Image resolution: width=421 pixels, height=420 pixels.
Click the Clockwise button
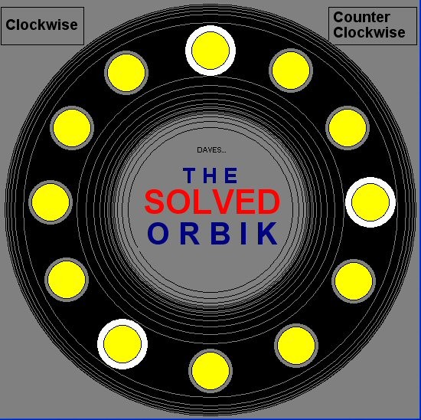(42, 26)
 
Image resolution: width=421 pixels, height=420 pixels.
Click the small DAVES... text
(211, 150)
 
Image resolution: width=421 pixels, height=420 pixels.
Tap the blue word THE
(210, 176)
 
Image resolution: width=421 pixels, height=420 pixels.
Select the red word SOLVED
(212, 202)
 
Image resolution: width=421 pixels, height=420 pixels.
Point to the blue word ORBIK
(212, 233)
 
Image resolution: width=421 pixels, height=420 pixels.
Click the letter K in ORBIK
(267, 233)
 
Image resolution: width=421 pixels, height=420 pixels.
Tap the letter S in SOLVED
(155, 202)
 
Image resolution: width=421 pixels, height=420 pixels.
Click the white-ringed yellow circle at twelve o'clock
(210, 51)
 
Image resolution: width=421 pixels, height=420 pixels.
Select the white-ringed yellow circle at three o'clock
(370, 202)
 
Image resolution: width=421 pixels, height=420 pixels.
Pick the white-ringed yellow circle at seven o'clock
(122, 344)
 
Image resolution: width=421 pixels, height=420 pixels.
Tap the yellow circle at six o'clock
(210, 371)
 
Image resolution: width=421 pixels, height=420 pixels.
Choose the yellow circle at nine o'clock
(51, 202)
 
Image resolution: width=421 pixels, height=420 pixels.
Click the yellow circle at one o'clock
(291, 71)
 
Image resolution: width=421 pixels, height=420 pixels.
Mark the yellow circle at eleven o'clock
(126, 73)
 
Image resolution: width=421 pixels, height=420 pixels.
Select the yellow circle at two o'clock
(348, 128)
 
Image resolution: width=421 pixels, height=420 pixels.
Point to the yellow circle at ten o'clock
(72, 128)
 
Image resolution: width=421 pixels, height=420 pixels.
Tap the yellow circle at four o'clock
(354, 281)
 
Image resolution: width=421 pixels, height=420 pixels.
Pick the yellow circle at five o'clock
(296, 346)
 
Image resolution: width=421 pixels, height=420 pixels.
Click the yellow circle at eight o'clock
(67, 280)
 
